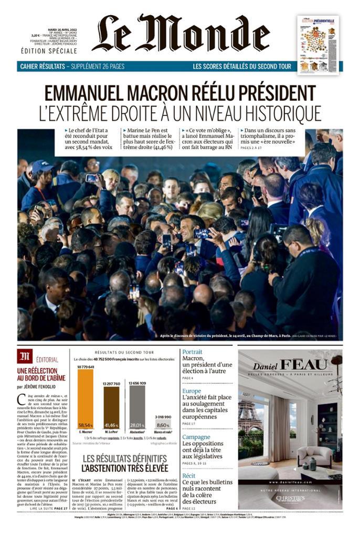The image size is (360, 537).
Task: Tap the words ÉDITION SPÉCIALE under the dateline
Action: coord(49,51)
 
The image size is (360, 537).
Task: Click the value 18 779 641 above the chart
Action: coord(86,367)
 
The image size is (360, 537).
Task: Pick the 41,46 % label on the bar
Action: coord(111,425)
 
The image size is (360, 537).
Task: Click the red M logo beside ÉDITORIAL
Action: coord(25,357)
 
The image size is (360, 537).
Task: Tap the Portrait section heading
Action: coord(192,352)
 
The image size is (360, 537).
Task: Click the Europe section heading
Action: coord(192,391)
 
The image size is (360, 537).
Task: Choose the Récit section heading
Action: coord(189,476)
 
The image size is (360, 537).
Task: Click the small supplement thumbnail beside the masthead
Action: coord(318,45)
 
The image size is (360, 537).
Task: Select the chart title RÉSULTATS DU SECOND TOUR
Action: coord(124,352)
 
